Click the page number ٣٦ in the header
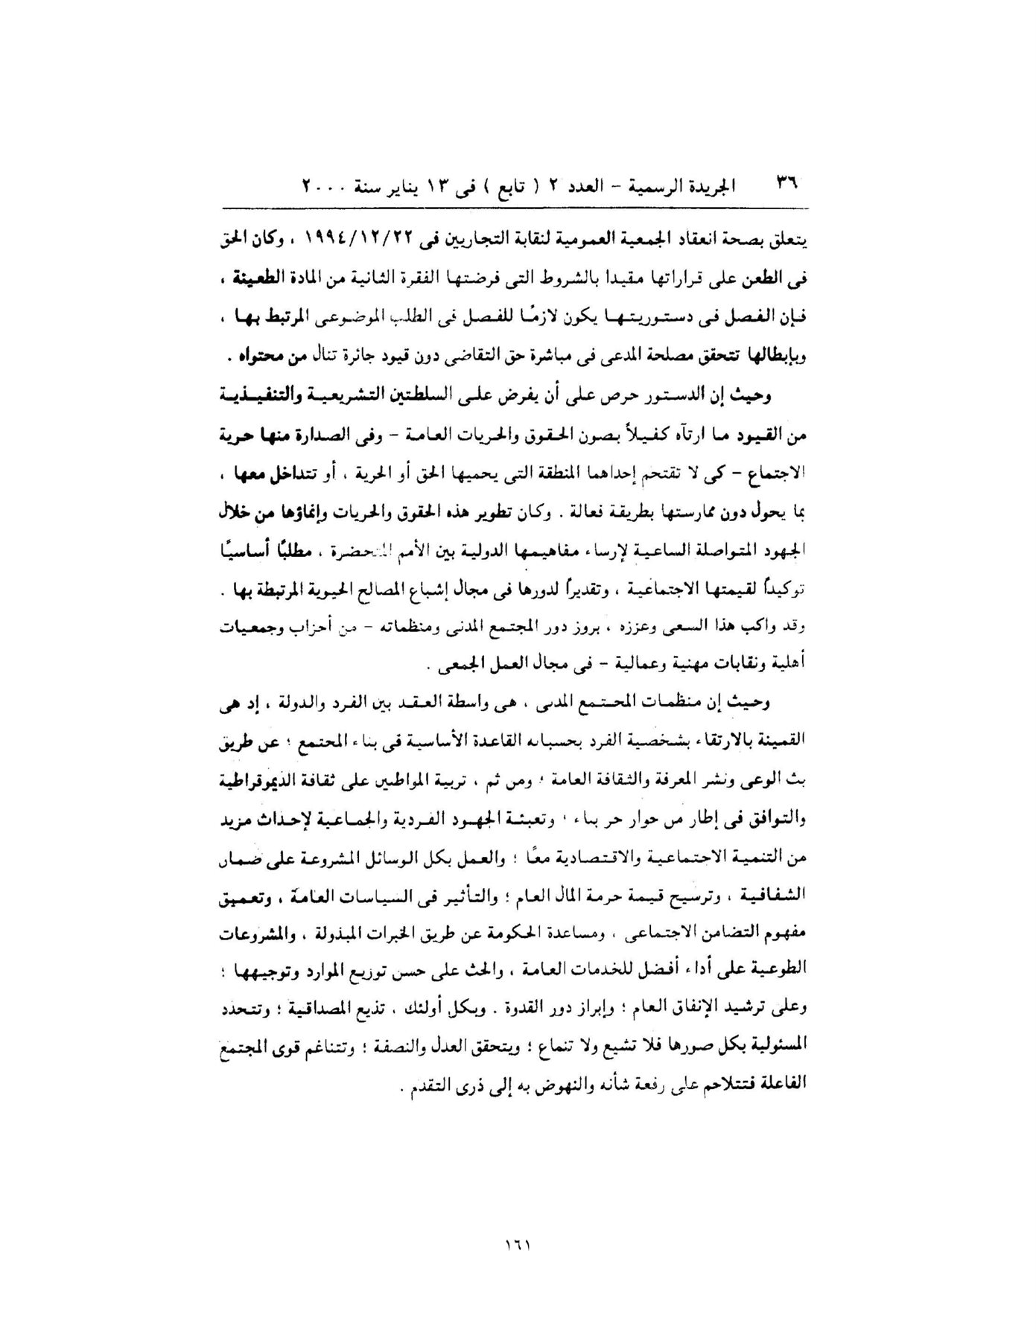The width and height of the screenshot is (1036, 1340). click(x=786, y=183)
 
